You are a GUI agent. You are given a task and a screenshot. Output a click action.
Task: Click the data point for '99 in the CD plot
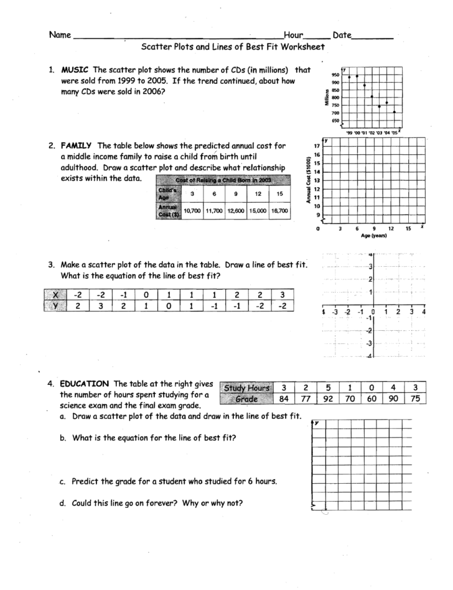(x=350, y=76)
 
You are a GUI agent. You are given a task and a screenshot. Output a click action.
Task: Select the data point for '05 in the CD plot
(x=395, y=112)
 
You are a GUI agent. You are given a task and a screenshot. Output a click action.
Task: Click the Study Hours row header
(x=245, y=389)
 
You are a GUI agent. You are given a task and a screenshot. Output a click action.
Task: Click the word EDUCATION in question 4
(x=85, y=383)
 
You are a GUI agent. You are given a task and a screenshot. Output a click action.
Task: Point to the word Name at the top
(x=60, y=35)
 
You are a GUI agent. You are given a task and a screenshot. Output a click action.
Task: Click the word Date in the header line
(x=343, y=35)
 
